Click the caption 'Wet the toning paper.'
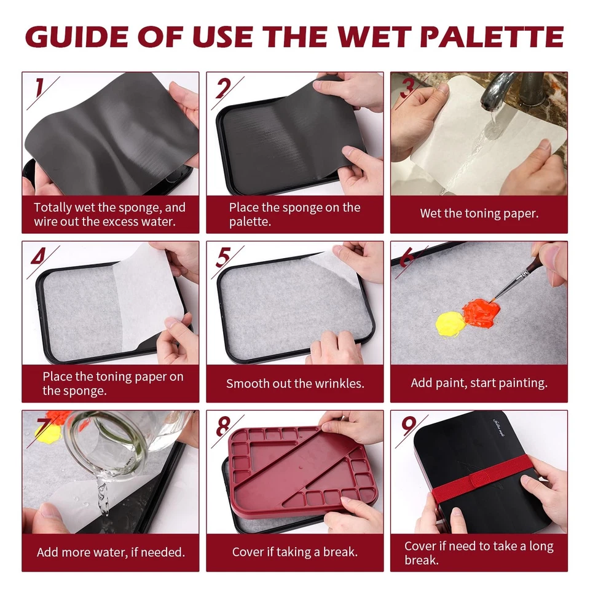point(479,214)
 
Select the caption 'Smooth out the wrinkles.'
point(295,383)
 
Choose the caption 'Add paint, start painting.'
point(479,383)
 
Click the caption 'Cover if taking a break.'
point(294,552)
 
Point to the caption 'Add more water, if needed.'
point(111,552)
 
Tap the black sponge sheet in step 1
point(104,135)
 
